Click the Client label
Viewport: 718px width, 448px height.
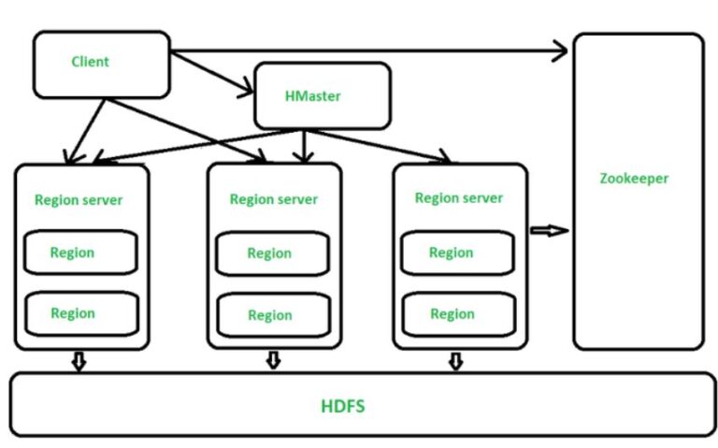pos(90,62)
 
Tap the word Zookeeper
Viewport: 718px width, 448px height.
pos(634,178)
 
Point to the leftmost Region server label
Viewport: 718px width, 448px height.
pos(79,199)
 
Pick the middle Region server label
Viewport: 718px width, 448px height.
pos(273,199)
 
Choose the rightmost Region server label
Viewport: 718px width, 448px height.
pos(458,198)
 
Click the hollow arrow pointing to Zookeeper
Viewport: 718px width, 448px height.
pos(549,230)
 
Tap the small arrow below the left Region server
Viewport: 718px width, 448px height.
pos(79,361)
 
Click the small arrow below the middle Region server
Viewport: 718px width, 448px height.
pos(273,360)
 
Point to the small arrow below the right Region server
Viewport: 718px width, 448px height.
pos(455,361)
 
